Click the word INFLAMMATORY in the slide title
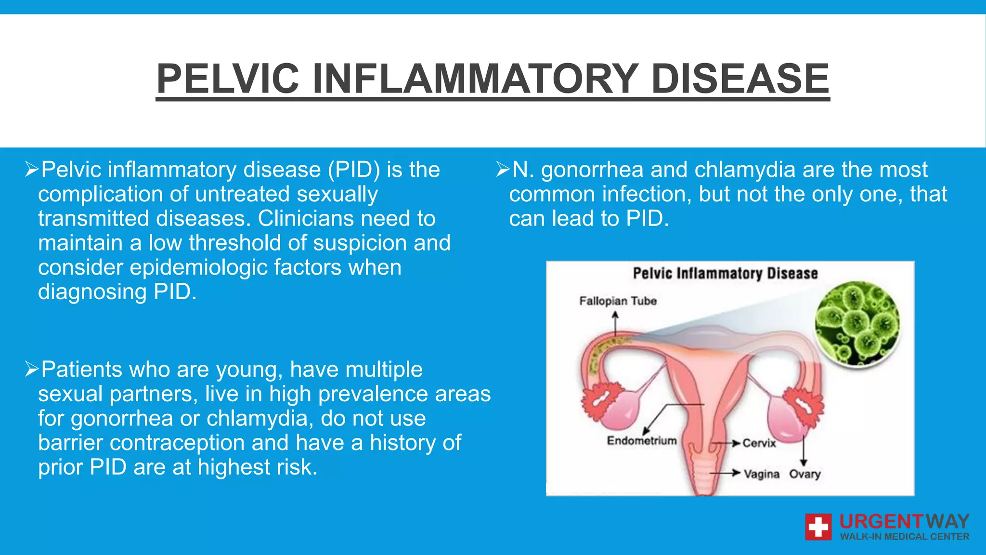[475, 79]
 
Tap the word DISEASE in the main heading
[740, 79]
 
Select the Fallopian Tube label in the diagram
[618, 301]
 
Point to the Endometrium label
[642, 441]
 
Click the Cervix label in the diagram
[759, 443]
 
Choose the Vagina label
[761, 475]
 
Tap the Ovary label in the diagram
[804, 475]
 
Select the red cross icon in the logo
[818, 527]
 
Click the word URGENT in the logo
[881, 522]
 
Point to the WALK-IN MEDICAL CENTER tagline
[904, 537]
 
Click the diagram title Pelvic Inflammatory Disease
[725, 274]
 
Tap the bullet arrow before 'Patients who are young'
[32, 370]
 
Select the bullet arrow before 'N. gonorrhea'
[503, 170]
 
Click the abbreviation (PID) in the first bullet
[354, 170]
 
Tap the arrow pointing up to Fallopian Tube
[615, 323]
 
